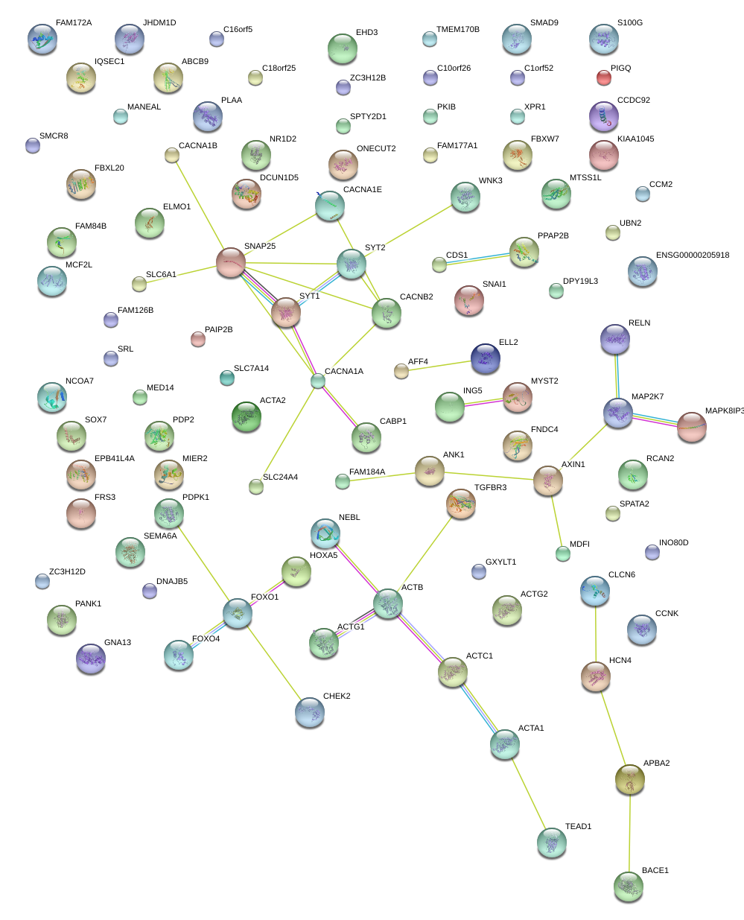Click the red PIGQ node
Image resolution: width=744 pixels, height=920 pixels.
604,77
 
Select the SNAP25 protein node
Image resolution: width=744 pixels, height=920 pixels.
231,262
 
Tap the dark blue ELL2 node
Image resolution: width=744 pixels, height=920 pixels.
486,358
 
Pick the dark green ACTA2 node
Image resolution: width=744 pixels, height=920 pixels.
247,417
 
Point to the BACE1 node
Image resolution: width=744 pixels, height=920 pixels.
629,886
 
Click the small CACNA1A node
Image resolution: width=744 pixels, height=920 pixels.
318,381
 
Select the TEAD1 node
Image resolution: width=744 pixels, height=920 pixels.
552,843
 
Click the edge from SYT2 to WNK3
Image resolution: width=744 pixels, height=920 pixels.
408,231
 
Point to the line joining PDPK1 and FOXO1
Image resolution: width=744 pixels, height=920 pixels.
203,564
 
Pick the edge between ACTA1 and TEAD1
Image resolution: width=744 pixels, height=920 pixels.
529,794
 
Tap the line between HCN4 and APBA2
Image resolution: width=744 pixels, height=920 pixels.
613,729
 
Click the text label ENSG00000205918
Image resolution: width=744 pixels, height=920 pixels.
693,256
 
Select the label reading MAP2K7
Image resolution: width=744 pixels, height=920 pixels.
647,396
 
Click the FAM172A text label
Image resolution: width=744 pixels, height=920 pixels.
74,23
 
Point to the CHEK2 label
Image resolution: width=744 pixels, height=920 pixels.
337,697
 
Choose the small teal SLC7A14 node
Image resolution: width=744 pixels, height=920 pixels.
227,378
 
